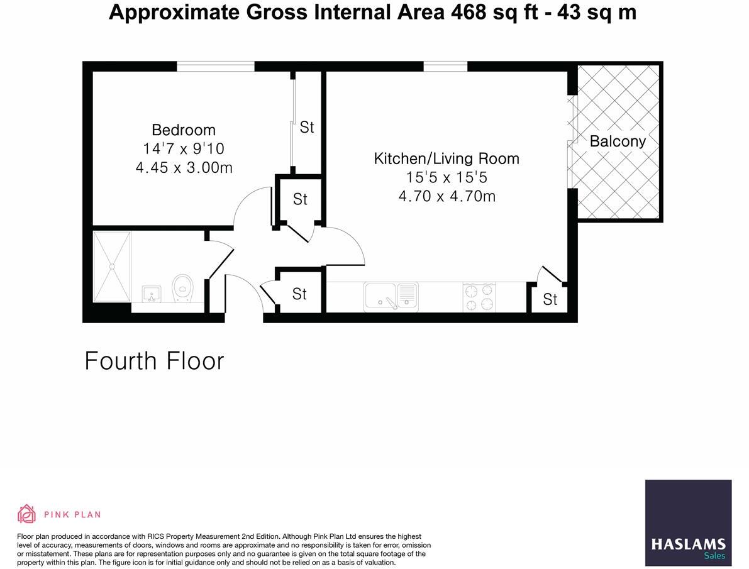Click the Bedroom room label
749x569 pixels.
coord(184,130)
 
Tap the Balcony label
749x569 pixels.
coord(617,141)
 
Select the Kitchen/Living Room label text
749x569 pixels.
coord(447,158)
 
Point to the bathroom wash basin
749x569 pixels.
coord(152,294)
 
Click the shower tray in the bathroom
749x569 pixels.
coord(112,267)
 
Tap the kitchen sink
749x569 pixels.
coord(391,296)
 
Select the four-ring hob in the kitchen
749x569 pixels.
coord(479,296)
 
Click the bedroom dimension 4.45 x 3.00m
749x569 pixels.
coord(184,168)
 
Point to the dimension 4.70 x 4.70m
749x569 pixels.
coord(447,196)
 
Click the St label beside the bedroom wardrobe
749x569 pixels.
coord(306,128)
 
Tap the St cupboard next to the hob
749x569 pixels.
coord(550,299)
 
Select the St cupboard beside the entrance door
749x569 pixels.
coord(299,294)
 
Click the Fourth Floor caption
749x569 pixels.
coord(154,362)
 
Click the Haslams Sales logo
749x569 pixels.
coord(688,522)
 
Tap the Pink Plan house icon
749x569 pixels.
coord(26,514)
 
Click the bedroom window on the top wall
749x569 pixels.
coord(215,66)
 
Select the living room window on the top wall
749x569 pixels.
coord(445,66)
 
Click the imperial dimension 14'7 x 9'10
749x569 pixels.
coord(184,149)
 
